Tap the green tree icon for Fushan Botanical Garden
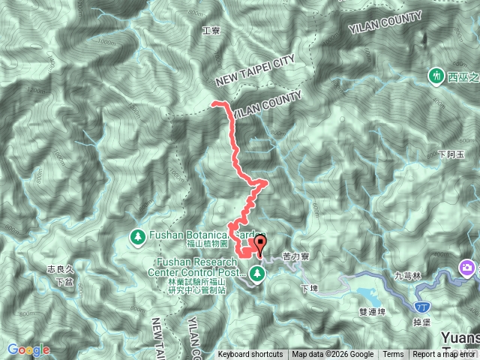(x=138, y=237)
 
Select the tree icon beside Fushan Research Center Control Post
(x=257, y=274)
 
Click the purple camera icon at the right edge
(x=468, y=268)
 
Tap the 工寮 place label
(x=211, y=31)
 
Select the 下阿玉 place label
(x=451, y=154)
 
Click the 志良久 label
(x=61, y=268)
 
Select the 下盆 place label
(x=64, y=281)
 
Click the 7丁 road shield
(x=422, y=307)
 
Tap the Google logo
(x=28, y=349)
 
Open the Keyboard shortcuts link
(x=250, y=355)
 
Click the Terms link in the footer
(x=393, y=355)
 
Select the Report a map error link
(x=445, y=355)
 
